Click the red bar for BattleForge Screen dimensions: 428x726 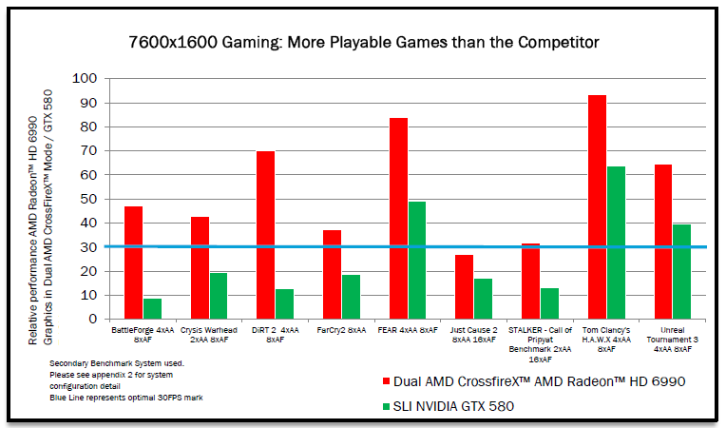tap(133, 263)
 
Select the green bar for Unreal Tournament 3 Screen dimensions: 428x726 tap(681, 271)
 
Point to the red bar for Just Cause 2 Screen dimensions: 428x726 tap(465, 286)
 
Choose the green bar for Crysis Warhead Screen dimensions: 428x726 tap(219, 296)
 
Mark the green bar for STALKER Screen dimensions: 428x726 tap(549, 303)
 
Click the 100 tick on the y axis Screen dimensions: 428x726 tap(84, 78)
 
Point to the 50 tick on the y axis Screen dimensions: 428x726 tap(87, 199)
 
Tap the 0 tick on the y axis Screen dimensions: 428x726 tap(91, 320)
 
